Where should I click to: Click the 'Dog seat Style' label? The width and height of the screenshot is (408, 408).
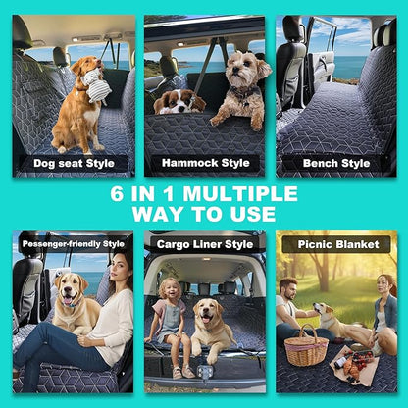[x=73, y=163]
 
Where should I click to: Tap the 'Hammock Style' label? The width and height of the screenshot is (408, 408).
[x=204, y=163]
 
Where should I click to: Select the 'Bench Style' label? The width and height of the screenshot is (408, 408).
[x=335, y=163]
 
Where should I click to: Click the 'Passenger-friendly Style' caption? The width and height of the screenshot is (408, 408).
[x=73, y=243]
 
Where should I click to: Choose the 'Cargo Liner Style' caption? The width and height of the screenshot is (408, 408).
[x=204, y=243]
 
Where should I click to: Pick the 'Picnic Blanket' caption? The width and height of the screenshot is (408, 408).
[x=335, y=243]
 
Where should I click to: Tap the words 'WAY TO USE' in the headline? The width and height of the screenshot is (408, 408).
[x=204, y=214]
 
